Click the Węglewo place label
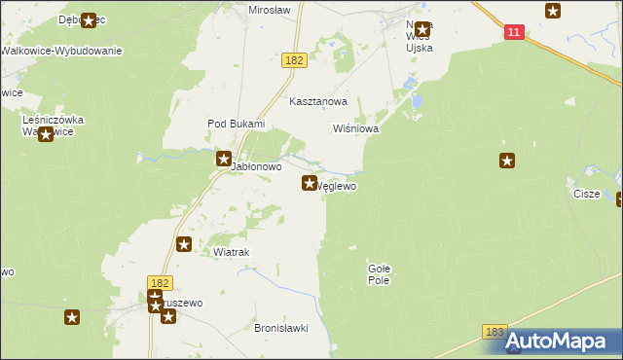pos(338,186)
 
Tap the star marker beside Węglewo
pos(311,183)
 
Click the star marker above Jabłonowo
pos(223,158)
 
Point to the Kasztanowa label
pos(318,101)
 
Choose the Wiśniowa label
pos(355,128)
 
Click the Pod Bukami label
pos(236,124)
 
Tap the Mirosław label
pos(271,8)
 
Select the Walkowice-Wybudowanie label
pos(61,51)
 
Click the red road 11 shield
pos(515,32)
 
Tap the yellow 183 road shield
pos(495,333)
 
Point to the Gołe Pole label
pos(379,273)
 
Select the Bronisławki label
pos(280,329)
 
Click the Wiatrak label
pos(232,252)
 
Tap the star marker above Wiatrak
pos(183,244)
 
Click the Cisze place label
pos(586,194)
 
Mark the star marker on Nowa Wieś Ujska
pos(421,29)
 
